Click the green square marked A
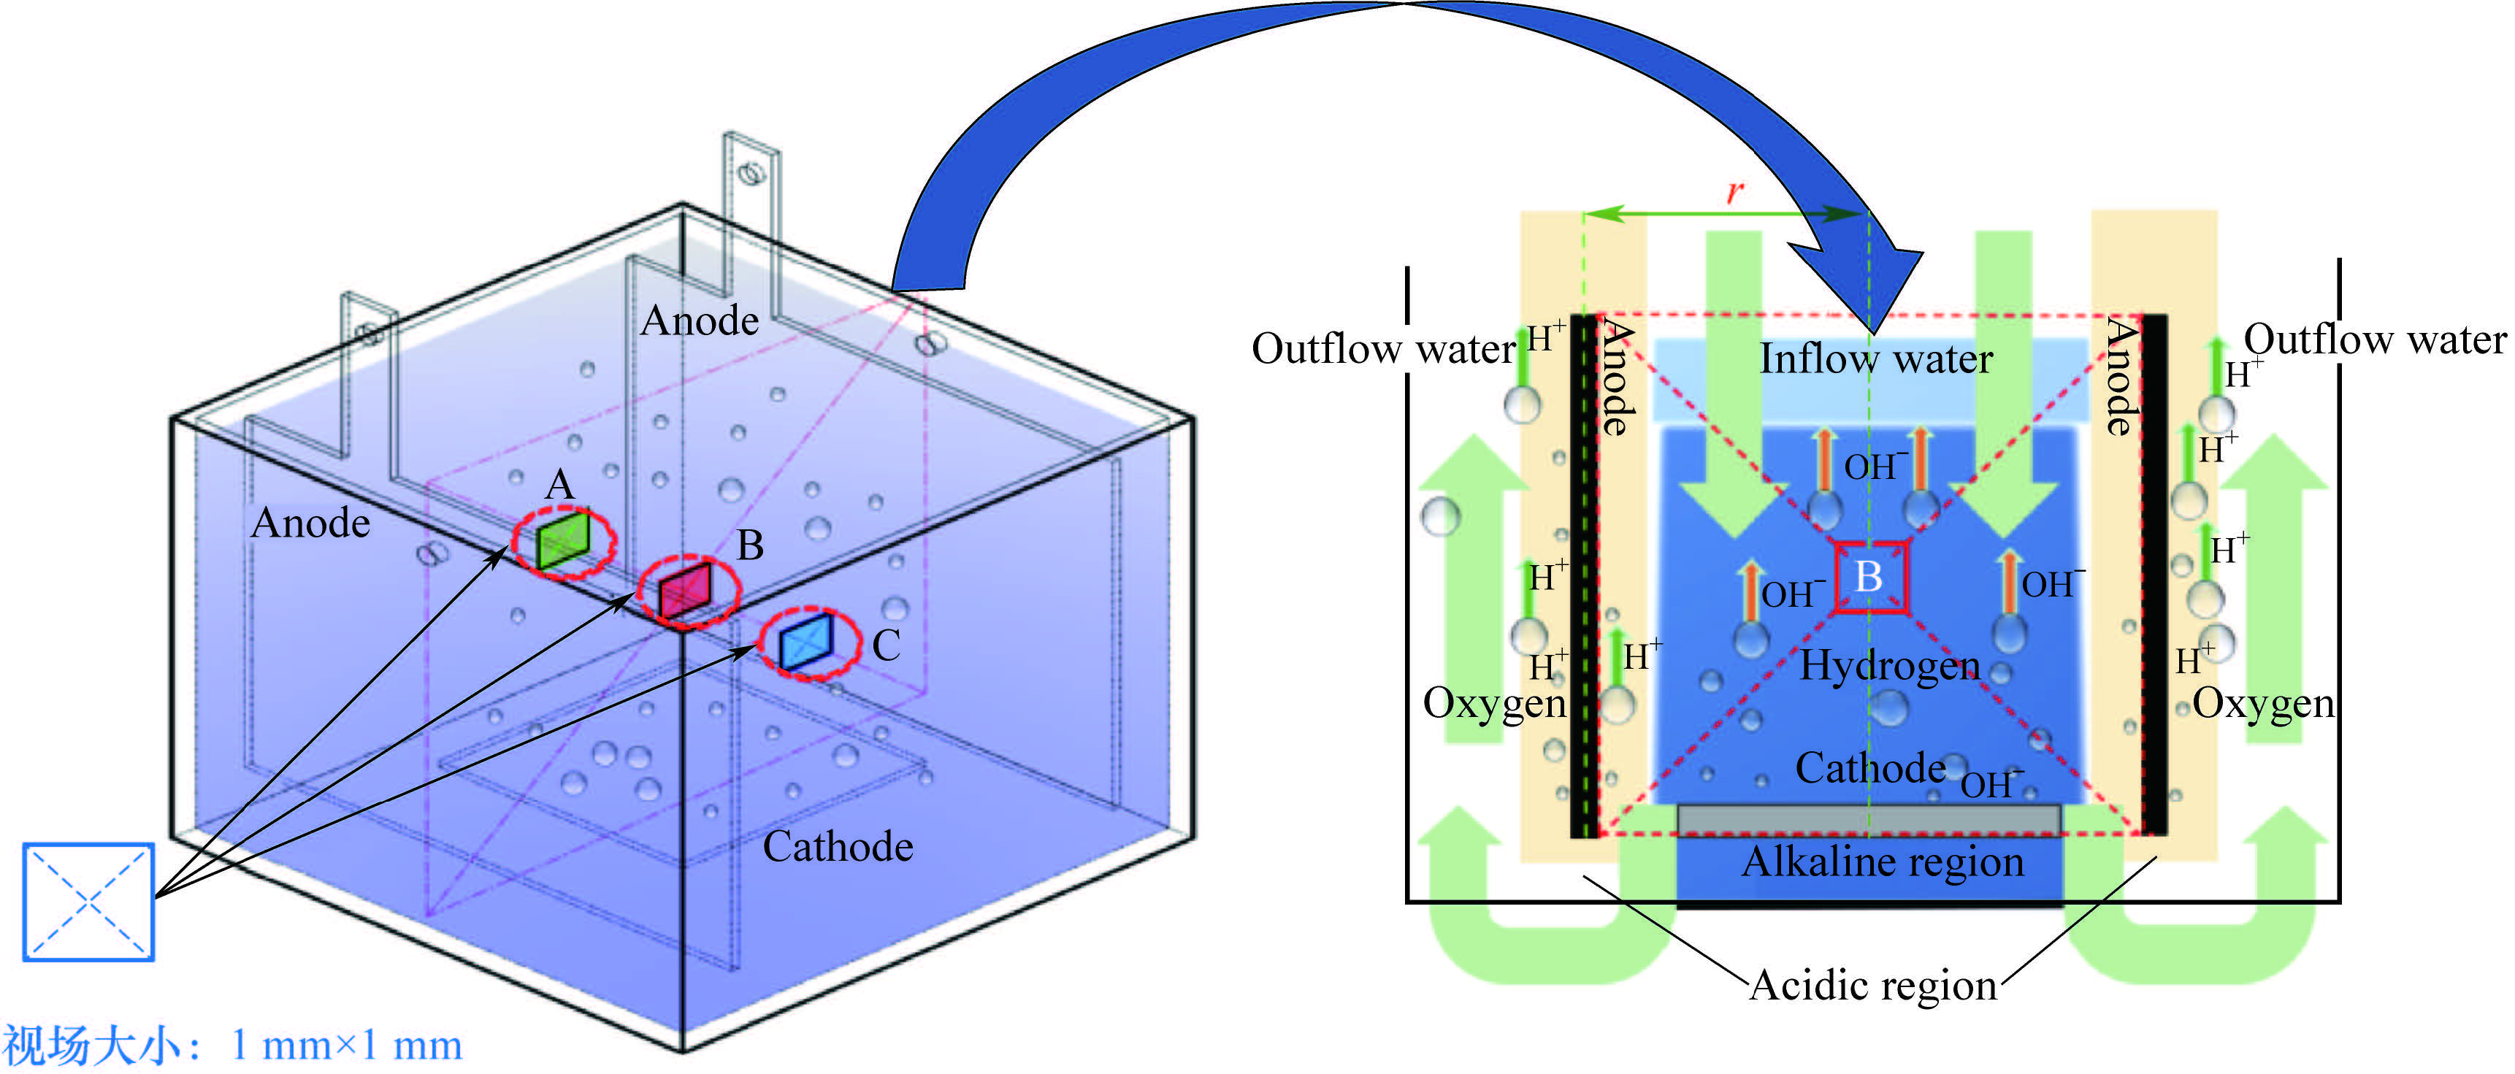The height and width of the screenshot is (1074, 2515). pyautogui.click(x=563, y=540)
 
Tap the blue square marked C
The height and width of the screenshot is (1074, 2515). pyautogui.click(x=806, y=642)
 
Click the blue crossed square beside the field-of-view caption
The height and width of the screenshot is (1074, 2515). pyautogui.click(x=89, y=902)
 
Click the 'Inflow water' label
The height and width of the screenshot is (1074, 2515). pyautogui.click(x=1875, y=359)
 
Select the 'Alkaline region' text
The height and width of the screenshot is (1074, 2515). pyautogui.click(x=1883, y=862)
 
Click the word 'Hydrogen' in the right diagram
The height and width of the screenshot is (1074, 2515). pyautogui.click(x=1889, y=667)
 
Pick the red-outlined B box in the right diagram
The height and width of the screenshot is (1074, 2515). pyautogui.click(x=1869, y=577)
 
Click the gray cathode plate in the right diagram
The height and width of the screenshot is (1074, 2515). pyautogui.click(x=1869, y=820)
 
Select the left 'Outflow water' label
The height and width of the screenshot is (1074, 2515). pyautogui.click(x=1382, y=348)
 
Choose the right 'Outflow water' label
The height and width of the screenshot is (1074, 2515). pyautogui.click(x=2374, y=340)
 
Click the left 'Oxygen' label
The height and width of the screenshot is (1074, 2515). pyautogui.click(x=1494, y=703)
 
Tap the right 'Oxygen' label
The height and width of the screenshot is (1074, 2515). pyautogui.click(x=2263, y=703)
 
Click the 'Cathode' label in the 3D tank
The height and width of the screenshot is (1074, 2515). pyautogui.click(x=838, y=846)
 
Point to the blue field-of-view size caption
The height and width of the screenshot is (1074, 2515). pyautogui.click(x=231, y=1046)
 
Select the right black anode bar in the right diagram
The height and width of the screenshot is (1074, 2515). pyautogui.click(x=2154, y=576)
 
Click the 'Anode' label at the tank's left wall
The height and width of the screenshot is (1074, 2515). pyautogui.click(x=310, y=523)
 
